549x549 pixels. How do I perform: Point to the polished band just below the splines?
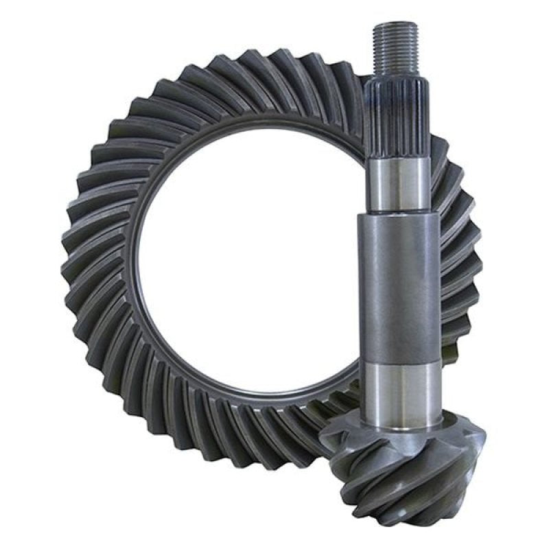pos(397,182)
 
